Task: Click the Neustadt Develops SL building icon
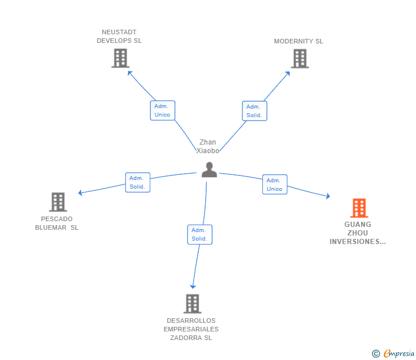120,58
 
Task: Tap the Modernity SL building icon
299,58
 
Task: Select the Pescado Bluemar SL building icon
58,202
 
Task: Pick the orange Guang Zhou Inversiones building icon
359,208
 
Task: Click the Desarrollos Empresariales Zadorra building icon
192,303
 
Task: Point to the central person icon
209,170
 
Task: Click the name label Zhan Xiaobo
207,146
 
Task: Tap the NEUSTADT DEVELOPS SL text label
119,37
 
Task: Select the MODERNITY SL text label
298,41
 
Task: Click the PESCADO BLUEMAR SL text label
57,223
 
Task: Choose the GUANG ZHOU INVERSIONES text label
358,233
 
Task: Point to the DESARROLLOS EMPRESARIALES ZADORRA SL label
191,329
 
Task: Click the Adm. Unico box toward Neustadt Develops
162,110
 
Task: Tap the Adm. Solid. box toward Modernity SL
254,111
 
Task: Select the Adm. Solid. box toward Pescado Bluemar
137,182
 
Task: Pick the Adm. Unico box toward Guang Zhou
274,185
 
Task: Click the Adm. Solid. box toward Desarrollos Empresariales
199,234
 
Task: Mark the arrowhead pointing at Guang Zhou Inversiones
327,197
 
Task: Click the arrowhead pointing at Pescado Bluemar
81,193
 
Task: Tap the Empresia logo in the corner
394,354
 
